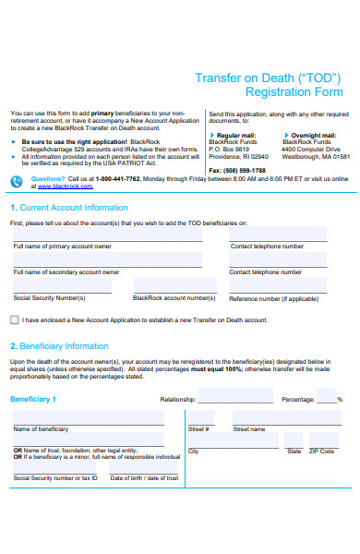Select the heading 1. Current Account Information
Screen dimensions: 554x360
69,208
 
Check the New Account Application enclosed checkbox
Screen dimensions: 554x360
13,319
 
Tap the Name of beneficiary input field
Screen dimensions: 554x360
88,417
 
